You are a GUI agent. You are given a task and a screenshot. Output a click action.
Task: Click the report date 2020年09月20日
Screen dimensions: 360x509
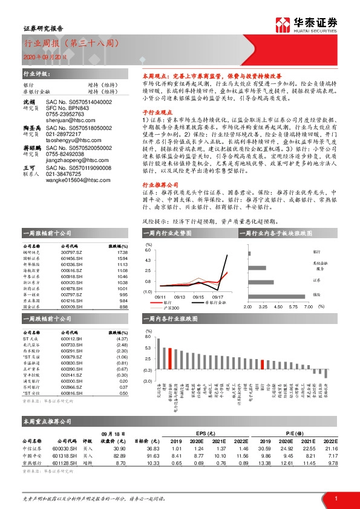[42, 57]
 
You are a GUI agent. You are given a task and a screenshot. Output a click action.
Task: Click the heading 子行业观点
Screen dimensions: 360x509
[154, 112]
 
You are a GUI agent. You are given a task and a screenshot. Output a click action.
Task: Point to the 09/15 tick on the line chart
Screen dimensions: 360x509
[198, 297]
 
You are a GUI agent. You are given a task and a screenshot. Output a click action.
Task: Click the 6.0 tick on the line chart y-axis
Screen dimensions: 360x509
[148, 250]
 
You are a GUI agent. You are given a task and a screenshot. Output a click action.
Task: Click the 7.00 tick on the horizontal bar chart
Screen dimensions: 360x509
[308, 307]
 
